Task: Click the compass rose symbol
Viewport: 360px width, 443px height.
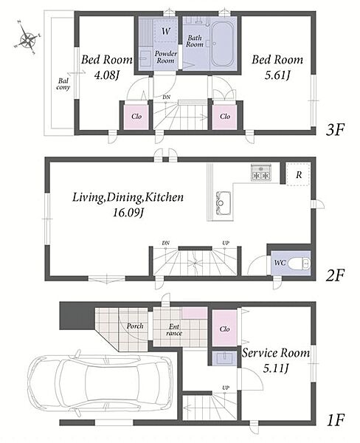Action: pyautogui.click(x=27, y=38)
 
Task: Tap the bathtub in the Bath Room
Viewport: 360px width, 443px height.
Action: pyautogui.click(x=223, y=44)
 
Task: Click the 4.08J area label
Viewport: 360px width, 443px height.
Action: pyautogui.click(x=106, y=75)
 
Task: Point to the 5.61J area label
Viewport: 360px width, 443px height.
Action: pyautogui.click(x=277, y=75)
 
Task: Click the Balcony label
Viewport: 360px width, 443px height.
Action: pyautogui.click(x=63, y=84)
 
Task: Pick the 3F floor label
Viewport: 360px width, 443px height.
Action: pyautogui.click(x=335, y=130)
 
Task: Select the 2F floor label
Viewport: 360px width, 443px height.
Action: pyautogui.click(x=335, y=275)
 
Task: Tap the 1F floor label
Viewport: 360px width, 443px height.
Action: pyautogui.click(x=336, y=420)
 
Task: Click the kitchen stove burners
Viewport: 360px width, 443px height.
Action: pyautogui.click(x=260, y=172)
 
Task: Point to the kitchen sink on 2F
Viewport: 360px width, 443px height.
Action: pyautogui.click(x=224, y=203)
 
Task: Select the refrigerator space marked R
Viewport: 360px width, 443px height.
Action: pyautogui.click(x=298, y=174)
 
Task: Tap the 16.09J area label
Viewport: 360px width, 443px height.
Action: pyautogui.click(x=129, y=213)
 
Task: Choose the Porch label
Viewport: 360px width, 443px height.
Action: pyautogui.click(x=135, y=326)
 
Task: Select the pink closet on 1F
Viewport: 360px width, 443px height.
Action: pyautogui.click(x=224, y=329)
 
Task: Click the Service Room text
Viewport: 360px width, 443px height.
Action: pyautogui.click(x=276, y=353)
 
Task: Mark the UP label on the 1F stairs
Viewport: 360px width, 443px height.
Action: pyautogui.click(x=226, y=388)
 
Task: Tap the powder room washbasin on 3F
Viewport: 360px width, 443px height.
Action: pyautogui.click(x=145, y=58)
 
